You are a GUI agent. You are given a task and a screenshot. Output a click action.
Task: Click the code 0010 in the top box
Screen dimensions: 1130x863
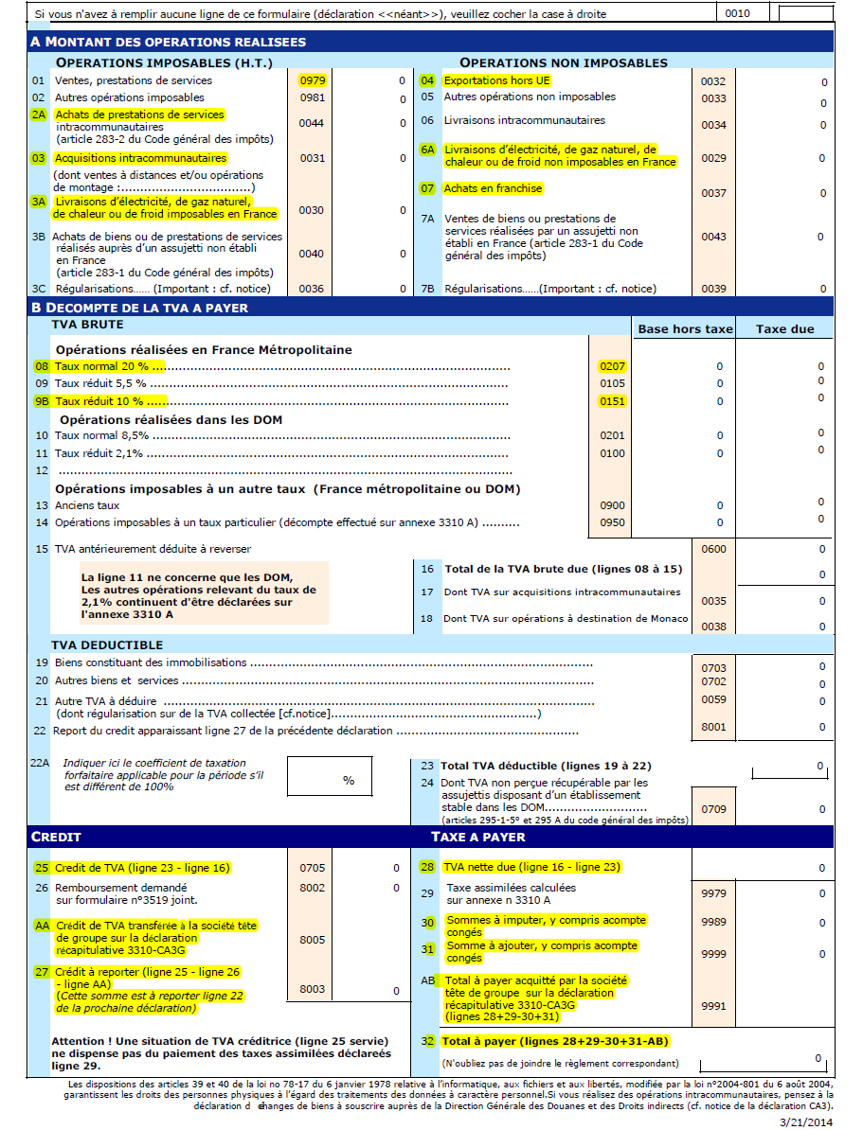coord(737,13)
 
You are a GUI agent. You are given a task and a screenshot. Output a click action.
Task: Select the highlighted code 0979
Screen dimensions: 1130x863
coord(312,80)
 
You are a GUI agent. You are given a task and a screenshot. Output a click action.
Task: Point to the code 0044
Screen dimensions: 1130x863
coord(312,123)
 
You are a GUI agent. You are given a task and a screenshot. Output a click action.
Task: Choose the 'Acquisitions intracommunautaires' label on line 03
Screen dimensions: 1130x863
coord(140,158)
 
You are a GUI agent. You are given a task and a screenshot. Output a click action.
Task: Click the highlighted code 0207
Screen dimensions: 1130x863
coord(613,365)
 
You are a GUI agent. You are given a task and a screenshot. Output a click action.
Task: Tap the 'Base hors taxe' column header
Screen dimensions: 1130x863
coord(685,328)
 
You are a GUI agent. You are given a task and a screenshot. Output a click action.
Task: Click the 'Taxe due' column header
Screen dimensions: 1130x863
coord(784,328)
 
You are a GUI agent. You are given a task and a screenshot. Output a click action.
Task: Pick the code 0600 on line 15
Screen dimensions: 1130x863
coord(713,549)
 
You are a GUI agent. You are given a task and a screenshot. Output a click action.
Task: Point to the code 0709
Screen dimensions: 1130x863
coord(713,809)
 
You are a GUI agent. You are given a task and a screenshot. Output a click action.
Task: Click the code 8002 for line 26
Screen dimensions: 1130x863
coord(312,888)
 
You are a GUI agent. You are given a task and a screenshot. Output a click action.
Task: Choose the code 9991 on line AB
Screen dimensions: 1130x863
coord(713,1005)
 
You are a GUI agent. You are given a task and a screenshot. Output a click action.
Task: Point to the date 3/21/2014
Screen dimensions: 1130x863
coord(805,1121)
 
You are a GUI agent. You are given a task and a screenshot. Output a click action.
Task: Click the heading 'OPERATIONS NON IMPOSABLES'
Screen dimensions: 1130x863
coord(564,62)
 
